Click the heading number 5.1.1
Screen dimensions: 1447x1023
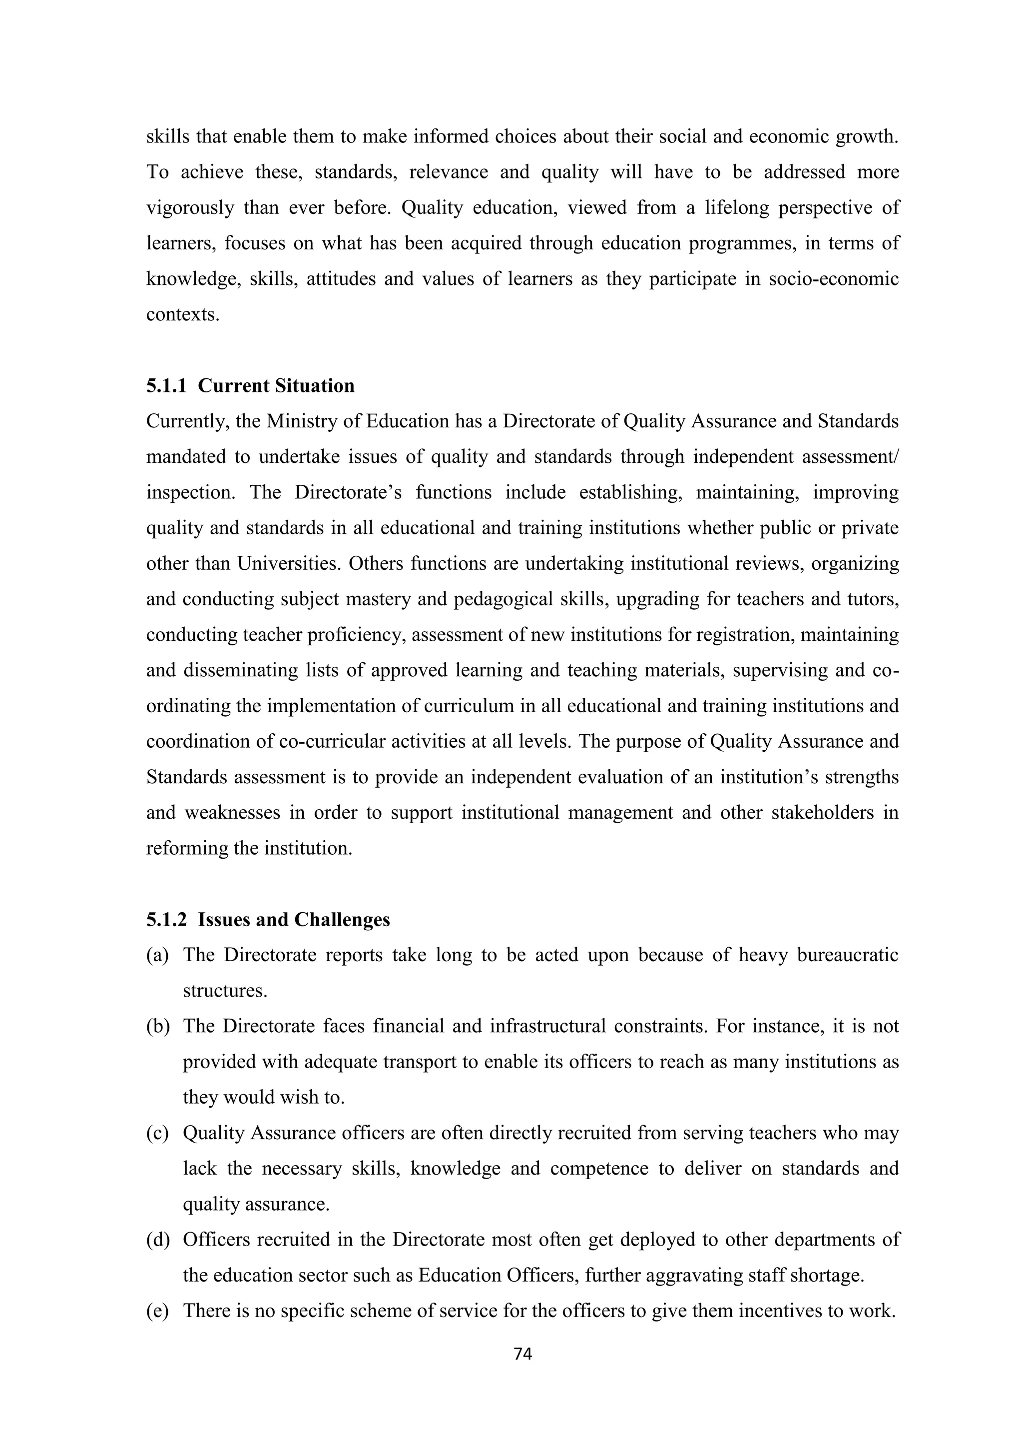(x=166, y=386)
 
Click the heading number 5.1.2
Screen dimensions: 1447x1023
(x=166, y=920)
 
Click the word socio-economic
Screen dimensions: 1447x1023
(x=833, y=279)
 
